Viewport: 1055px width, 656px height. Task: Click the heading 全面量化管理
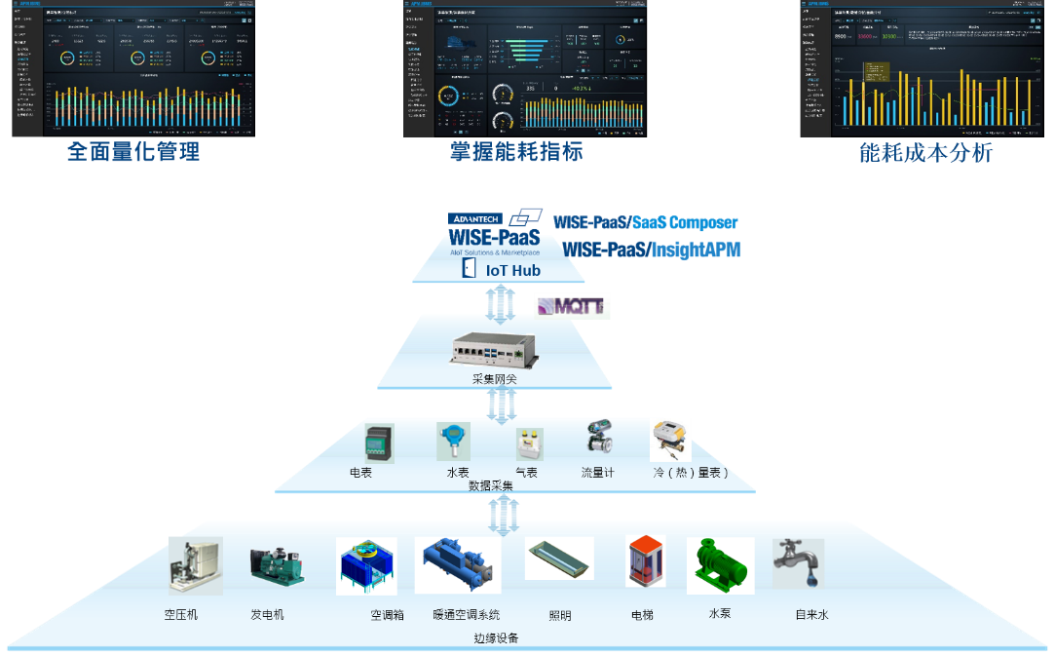133,151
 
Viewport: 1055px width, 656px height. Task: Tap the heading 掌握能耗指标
516,151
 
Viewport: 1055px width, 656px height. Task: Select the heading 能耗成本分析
925,152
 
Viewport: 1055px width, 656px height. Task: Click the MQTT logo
572,306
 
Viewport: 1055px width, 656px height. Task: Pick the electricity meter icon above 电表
379,444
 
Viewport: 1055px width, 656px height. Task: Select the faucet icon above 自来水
797,562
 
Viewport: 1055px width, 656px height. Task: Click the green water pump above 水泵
721,565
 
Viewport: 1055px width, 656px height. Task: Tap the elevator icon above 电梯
645,561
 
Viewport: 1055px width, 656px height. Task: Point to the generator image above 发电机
277,565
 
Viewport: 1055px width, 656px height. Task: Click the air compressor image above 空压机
195,565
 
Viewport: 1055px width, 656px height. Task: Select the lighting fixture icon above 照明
559,559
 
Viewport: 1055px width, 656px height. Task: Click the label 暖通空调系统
467,615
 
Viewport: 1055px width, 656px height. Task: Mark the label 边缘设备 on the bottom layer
496,638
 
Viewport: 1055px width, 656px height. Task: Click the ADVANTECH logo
474,218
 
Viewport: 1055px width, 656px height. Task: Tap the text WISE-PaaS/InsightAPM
652,251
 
